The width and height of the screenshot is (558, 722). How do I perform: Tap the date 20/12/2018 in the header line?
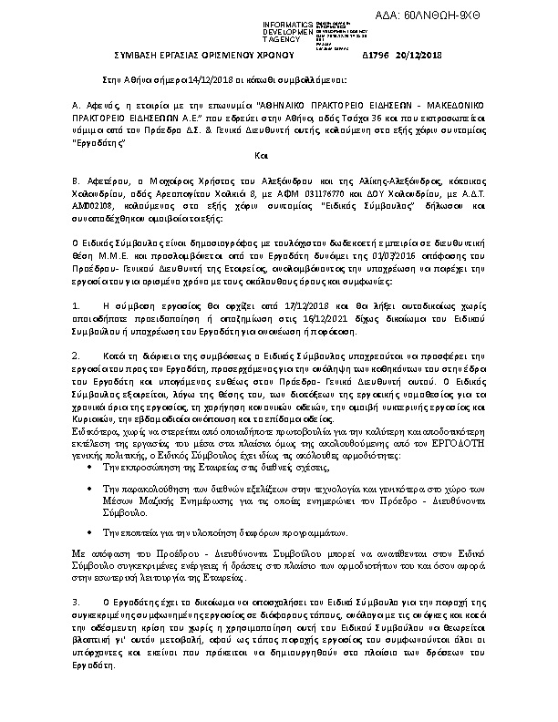(420, 57)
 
